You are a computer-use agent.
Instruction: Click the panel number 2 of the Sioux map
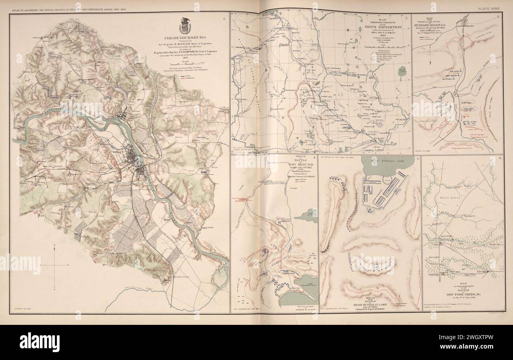point(406,17)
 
